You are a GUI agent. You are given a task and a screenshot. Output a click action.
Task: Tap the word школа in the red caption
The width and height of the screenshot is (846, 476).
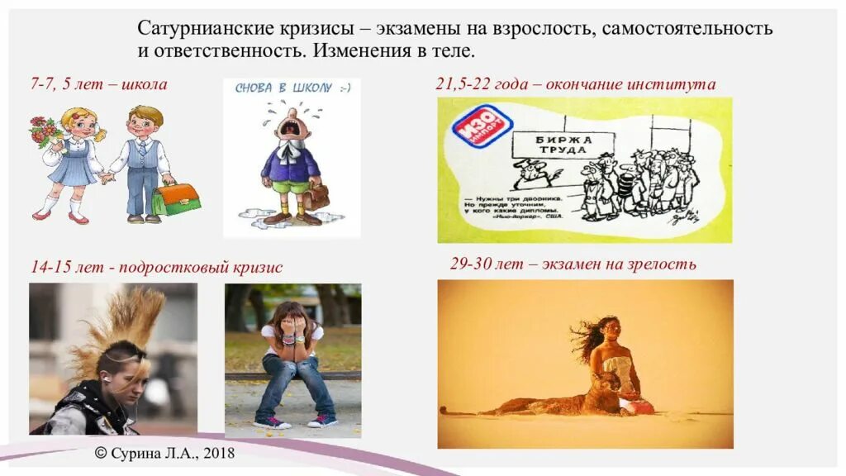(147, 83)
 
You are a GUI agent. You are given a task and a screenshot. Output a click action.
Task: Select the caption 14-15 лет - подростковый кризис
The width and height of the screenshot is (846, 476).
(156, 267)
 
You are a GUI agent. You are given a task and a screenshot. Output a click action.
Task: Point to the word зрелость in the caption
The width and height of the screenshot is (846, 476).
(661, 264)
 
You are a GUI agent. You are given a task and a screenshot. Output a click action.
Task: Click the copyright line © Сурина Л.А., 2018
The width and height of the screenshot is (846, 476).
(164, 452)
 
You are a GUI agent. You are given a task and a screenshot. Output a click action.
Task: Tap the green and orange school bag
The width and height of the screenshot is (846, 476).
(176, 198)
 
